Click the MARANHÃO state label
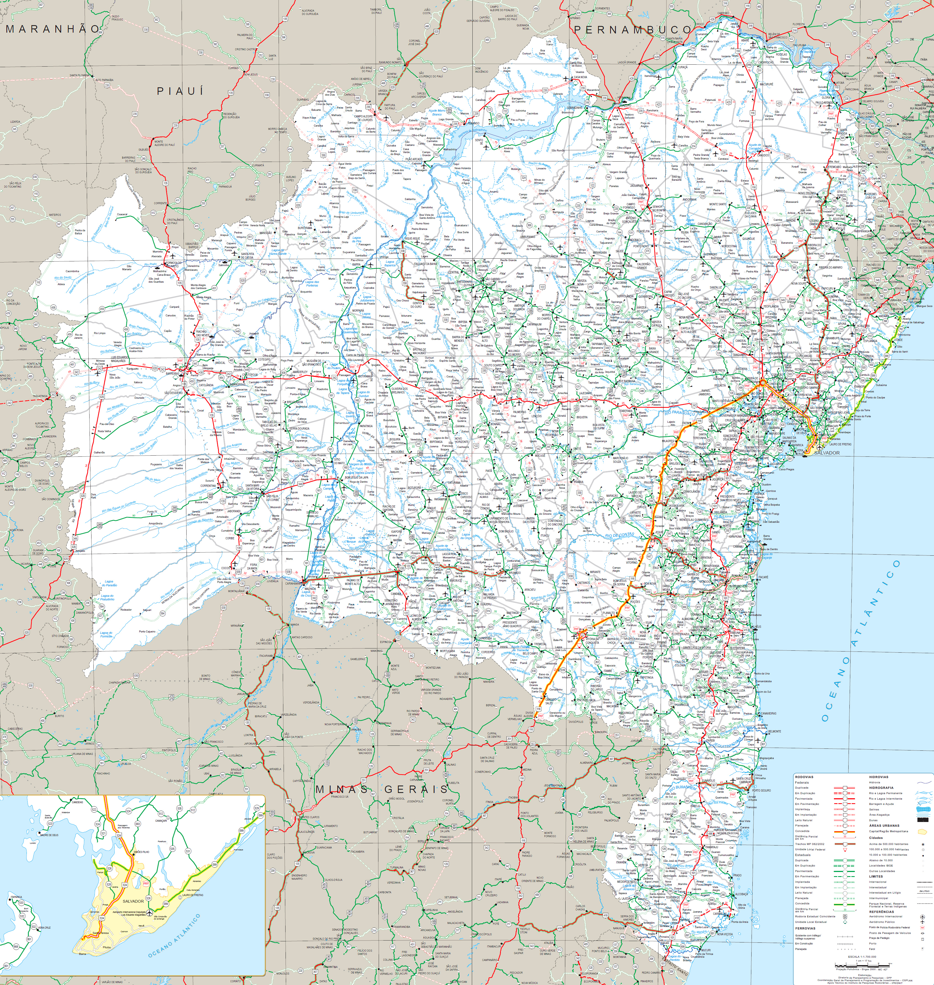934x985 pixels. tap(52, 29)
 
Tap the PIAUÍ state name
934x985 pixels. tap(180, 91)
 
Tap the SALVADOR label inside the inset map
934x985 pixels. tap(133, 901)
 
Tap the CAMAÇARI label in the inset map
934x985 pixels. tap(161, 820)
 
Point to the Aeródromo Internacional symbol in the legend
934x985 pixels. tap(923, 916)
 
